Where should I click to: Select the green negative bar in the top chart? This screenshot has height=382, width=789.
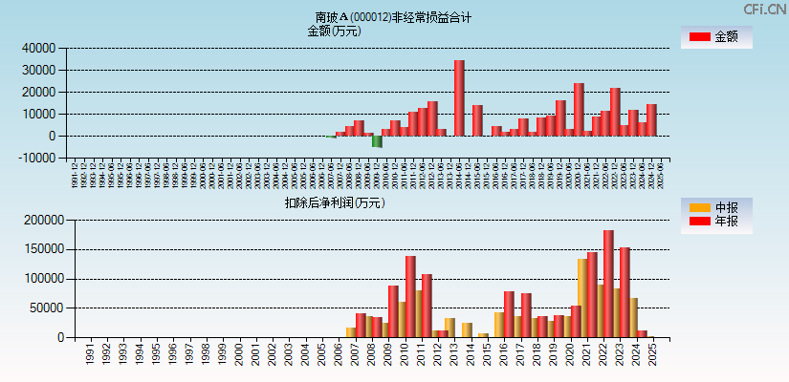[377, 141]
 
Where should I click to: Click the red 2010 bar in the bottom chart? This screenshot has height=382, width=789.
[410, 296]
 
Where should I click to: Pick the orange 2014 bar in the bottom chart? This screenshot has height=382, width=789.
[467, 329]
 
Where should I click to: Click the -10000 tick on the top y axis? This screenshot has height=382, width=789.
[37, 159]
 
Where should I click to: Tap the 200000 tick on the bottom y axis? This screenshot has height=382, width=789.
[43, 220]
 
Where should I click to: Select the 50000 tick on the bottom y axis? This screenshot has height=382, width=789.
[46, 308]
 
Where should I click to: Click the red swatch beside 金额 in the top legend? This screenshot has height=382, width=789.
[699, 37]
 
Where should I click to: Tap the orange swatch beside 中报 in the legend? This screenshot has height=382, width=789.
[699, 207]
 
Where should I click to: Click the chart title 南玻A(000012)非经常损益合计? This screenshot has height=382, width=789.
[393, 17]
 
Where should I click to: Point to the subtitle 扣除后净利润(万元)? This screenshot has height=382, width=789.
[334, 202]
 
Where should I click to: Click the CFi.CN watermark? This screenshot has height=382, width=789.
[764, 10]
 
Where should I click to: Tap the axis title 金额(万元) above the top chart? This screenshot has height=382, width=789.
[334, 31]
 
